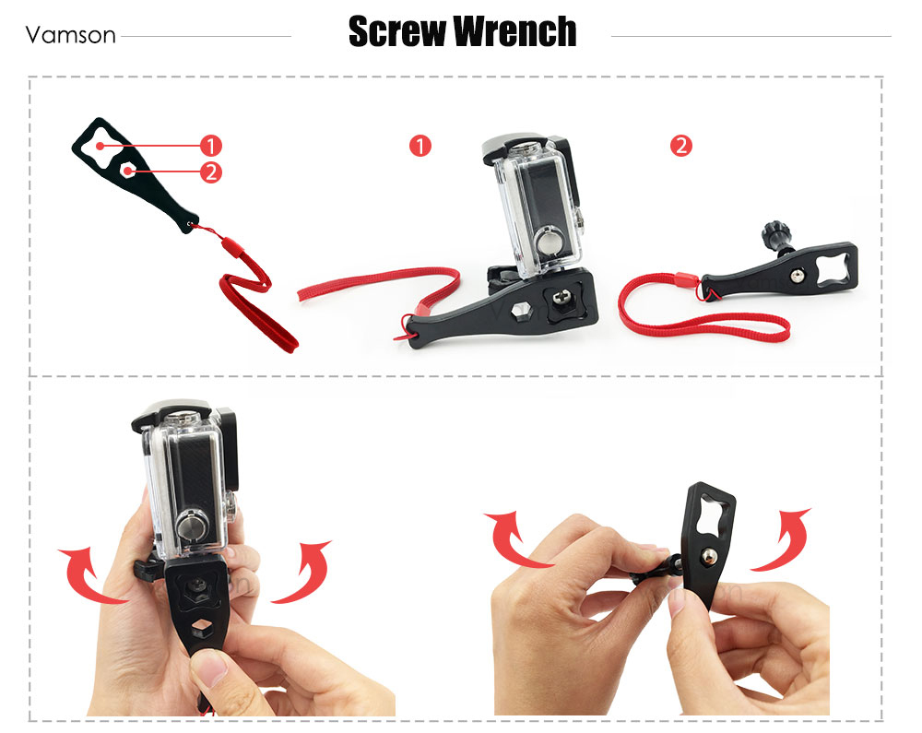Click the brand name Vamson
(x=71, y=35)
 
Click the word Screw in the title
(x=396, y=31)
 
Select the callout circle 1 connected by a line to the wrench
(x=210, y=145)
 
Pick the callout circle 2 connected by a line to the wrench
(x=210, y=172)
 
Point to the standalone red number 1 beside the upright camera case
(x=420, y=145)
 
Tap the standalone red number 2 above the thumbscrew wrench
(x=681, y=145)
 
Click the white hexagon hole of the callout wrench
(x=127, y=171)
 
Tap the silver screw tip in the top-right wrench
(x=798, y=275)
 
